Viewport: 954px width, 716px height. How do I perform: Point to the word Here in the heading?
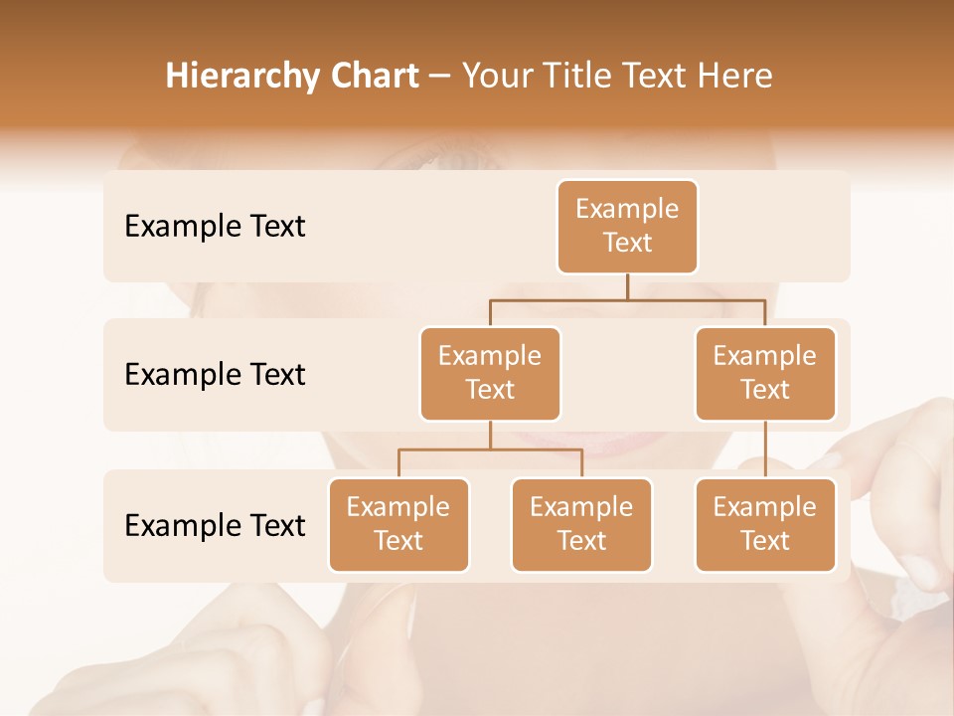tap(732, 77)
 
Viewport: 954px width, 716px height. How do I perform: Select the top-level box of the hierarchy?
tap(627, 227)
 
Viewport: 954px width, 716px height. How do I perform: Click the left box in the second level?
tap(490, 373)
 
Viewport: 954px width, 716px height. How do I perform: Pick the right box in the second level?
tap(765, 373)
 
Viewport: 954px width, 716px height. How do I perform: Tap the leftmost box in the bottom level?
tap(398, 524)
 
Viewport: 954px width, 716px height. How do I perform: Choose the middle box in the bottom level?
tap(581, 524)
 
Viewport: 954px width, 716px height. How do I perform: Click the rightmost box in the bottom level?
tap(765, 524)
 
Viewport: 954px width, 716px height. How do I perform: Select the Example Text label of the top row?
tap(215, 227)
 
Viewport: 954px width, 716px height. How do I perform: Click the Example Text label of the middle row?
tap(215, 375)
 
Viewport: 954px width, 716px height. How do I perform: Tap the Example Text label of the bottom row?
tap(215, 525)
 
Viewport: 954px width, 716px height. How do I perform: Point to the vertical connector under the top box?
tap(627, 286)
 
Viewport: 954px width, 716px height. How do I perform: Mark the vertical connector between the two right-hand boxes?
tap(765, 449)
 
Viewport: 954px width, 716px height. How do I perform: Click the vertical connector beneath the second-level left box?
tap(490, 435)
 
